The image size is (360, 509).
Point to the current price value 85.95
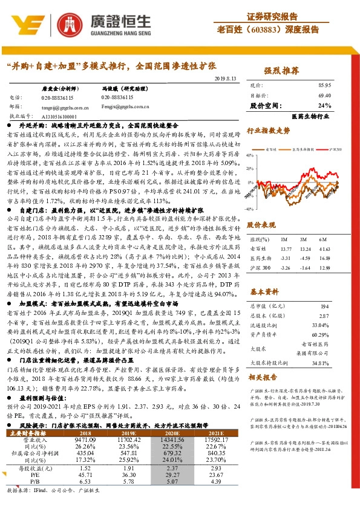pos(324,86)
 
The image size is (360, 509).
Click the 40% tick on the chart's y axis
pos(253,158)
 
